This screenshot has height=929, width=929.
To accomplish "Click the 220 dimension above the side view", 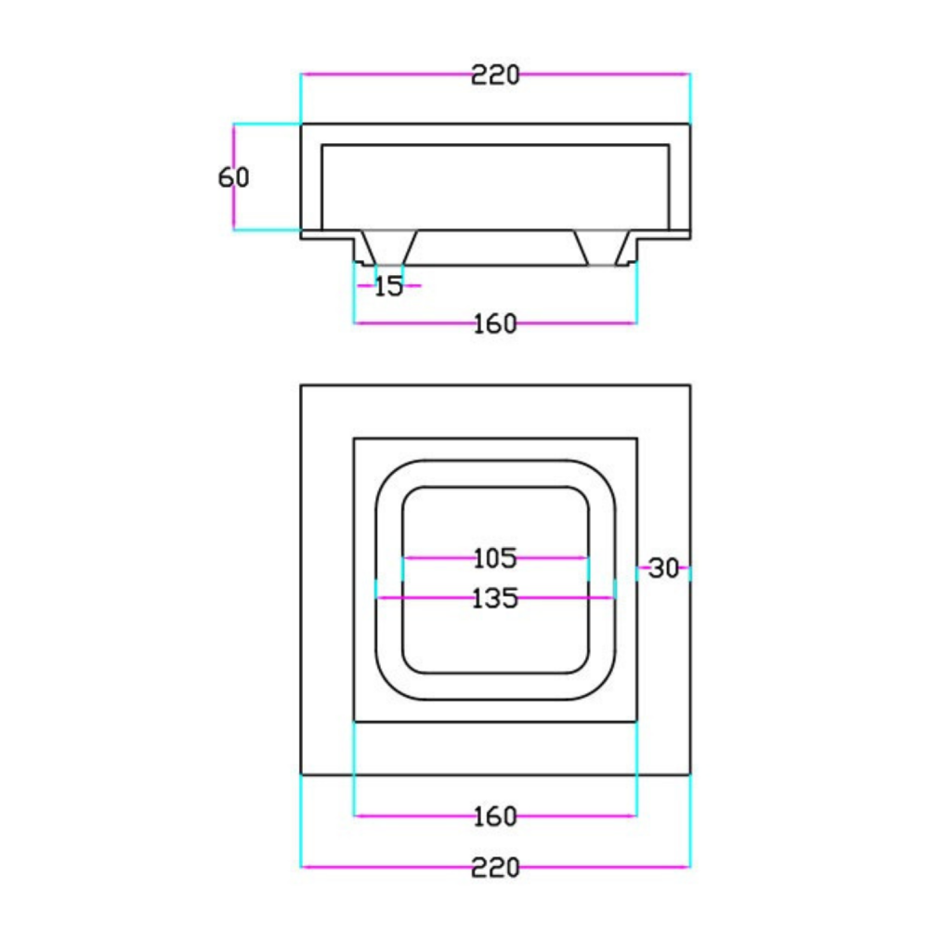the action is [495, 75].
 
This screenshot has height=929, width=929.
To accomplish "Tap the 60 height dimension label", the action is [233, 177].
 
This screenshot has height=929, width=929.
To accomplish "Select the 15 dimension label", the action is [388, 287].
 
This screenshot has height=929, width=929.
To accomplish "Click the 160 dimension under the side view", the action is [495, 324].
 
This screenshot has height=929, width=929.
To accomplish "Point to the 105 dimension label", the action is [495, 558].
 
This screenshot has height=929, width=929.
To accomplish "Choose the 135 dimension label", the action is [495, 598].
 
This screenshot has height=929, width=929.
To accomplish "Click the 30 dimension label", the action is [663, 569].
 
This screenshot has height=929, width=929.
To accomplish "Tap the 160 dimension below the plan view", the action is [495, 817].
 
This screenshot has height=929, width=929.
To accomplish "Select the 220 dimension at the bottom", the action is [495, 868].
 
